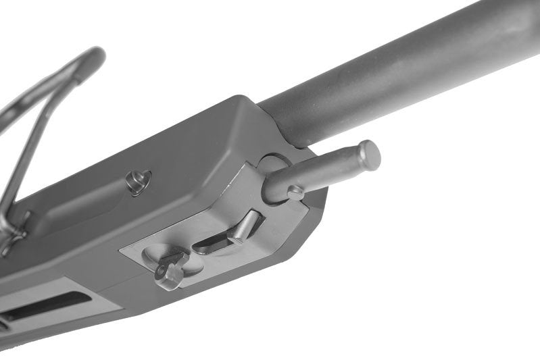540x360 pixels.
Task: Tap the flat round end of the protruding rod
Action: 369,154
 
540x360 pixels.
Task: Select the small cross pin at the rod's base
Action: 295,192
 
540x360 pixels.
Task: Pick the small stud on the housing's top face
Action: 139,181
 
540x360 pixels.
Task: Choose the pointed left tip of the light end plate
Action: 123,251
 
